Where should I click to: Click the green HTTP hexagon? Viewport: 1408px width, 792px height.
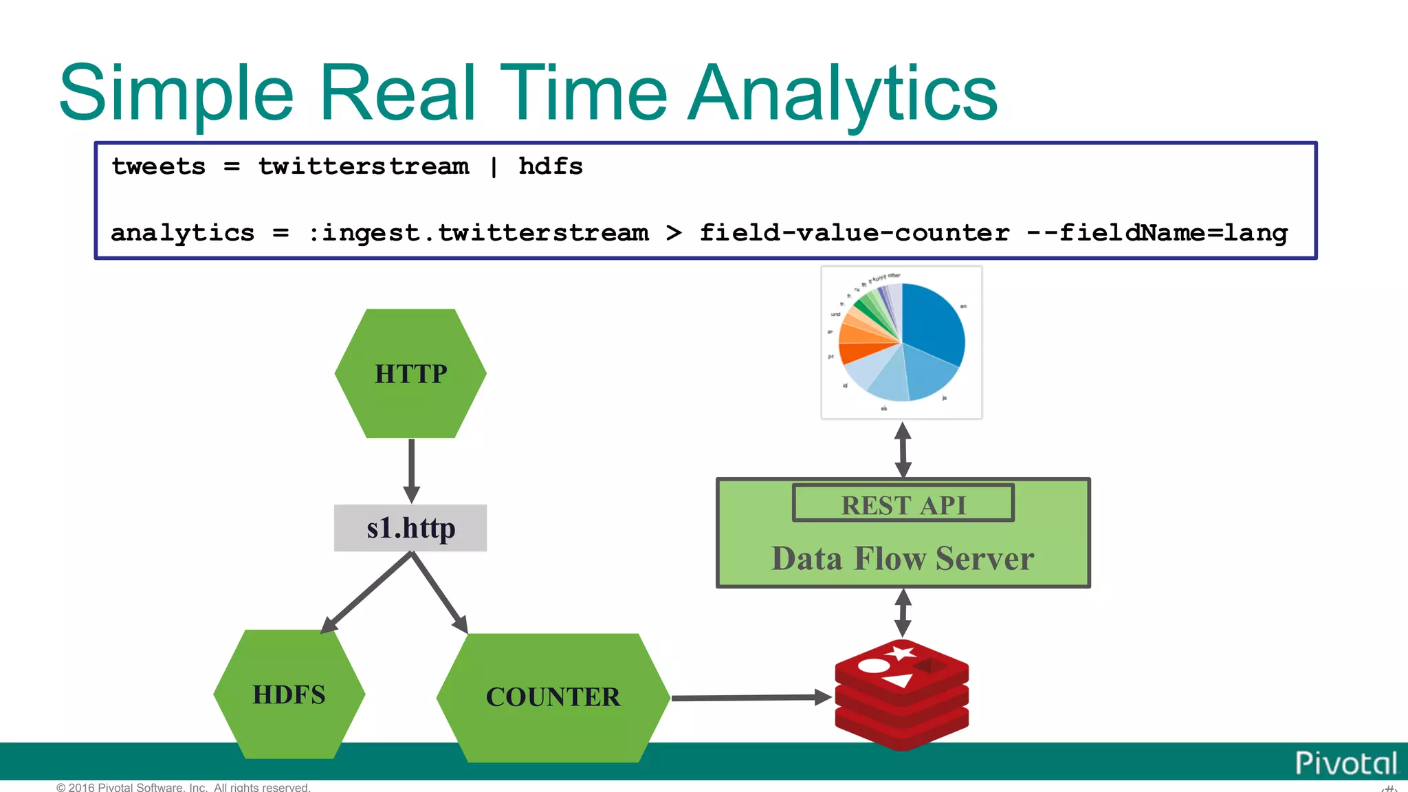pyautogui.click(x=410, y=373)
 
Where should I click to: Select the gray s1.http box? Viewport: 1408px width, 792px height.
pyautogui.click(x=410, y=528)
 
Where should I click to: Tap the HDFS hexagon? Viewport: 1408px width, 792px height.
pyautogui.click(x=289, y=694)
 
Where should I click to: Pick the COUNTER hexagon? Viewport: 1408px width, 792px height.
pyautogui.click(x=553, y=697)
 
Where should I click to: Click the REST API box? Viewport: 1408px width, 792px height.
pyautogui.click(x=903, y=504)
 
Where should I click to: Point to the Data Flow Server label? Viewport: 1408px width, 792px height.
pyautogui.click(x=903, y=558)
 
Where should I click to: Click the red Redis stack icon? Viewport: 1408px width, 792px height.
pyautogui.click(x=902, y=694)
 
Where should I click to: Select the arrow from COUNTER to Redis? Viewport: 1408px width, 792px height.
pyautogui.click(x=749, y=698)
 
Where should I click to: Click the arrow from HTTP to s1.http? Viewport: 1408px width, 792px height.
pyautogui.click(x=411, y=471)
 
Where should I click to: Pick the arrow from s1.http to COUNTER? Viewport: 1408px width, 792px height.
pyautogui.click(x=439, y=592)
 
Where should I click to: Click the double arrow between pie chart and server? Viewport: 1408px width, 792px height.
pyautogui.click(x=903, y=450)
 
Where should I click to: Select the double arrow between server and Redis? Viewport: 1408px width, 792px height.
pyautogui.click(x=903, y=613)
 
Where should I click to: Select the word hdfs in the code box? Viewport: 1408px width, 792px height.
pyautogui.click(x=550, y=166)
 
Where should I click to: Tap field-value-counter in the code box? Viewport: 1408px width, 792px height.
pyautogui.click(x=855, y=233)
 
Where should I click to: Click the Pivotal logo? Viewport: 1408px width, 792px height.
pyautogui.click(x=1345, y=763)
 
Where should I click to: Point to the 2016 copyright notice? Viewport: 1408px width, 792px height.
pyautogui.click(x=184, y=787)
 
